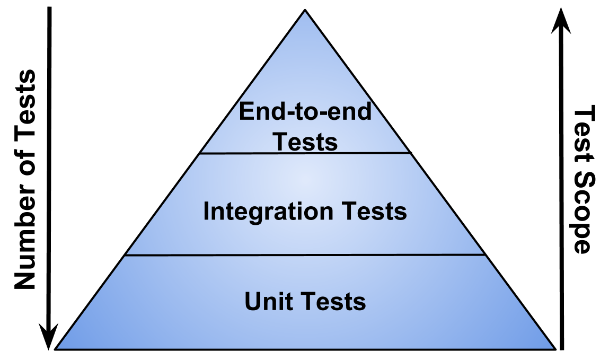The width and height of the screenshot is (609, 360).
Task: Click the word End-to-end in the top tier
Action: tap(305, 112)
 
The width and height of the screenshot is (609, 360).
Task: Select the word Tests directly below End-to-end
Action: tap(305, 142)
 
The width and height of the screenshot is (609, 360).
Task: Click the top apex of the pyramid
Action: tap(305, 13)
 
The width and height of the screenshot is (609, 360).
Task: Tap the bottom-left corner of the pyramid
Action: tap(58, 348)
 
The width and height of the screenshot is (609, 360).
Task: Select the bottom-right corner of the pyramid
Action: tap(552, 348)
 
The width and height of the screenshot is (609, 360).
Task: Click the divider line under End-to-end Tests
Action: tap(305, 153)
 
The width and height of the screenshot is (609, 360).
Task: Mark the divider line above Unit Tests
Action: tap(305, 255)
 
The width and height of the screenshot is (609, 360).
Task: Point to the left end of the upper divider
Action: tap(201, 153)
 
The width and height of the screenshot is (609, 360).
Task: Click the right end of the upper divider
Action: tap(409, 153)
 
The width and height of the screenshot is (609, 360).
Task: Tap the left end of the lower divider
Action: tap(126, 255)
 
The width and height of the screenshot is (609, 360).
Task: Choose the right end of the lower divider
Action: tap(484, 255)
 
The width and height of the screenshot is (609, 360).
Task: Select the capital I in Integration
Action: tap(207, 212)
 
